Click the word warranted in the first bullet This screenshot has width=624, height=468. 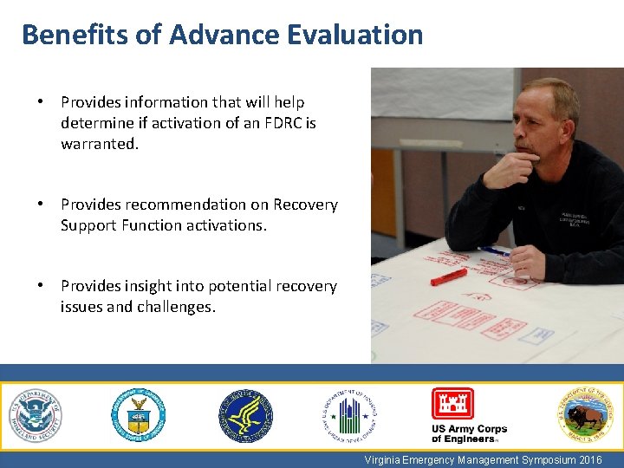click(98, 144)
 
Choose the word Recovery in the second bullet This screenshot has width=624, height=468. click(305, 205)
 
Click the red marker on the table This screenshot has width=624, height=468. click(449, 276)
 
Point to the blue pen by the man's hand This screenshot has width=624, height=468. click(494, 251)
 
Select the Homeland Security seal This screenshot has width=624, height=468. click(36, 416)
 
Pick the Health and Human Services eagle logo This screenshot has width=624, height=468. click(245, 416)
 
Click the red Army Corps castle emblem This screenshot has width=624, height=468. click(452, 404)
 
